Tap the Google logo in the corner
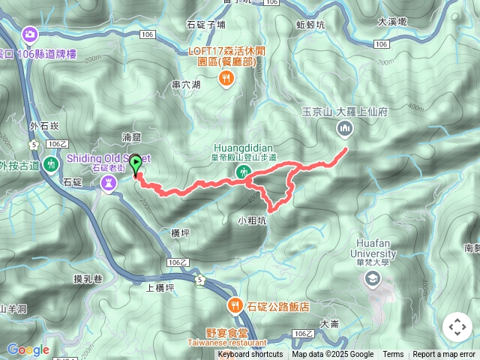pos(28,350)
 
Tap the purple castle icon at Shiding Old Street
pos(109,182)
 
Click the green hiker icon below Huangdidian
pos(242,174)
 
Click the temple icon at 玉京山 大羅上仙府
pos(344,129)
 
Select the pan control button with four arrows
pos(457,327)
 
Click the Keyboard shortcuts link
pos(250,355)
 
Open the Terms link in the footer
pos(393,355)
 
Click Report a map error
pos(445,355)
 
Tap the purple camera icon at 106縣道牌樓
pos(30,34)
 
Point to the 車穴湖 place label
pos(186,85)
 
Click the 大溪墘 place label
pos(392,22)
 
